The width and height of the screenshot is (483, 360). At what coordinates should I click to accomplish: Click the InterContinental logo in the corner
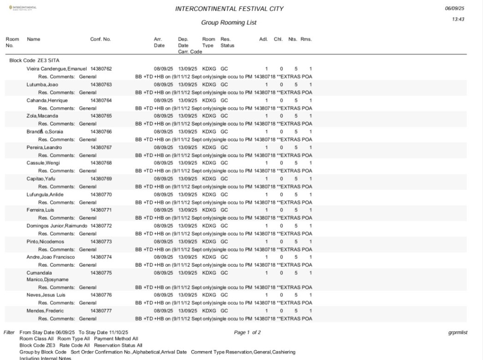pos(20,8)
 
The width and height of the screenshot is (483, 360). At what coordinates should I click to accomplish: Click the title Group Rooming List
pos(229,23)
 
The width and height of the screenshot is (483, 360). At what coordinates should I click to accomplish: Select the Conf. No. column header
pos(101,40)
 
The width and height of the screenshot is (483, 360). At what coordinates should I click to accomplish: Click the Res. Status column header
pos(227,42)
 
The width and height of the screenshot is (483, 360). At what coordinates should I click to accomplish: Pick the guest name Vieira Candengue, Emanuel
pos(57,69)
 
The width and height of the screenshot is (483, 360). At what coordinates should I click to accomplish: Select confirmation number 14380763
pos(101,85)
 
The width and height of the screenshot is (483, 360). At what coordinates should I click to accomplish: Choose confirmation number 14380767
pos(101,147)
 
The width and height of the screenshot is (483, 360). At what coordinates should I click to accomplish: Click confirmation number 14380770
pos(101,194)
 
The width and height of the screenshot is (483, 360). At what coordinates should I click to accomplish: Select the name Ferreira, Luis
pos(41,210)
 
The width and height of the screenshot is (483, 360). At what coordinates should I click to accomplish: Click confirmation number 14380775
pos(101,273)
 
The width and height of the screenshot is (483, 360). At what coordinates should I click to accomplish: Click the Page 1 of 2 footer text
pos(247,332)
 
